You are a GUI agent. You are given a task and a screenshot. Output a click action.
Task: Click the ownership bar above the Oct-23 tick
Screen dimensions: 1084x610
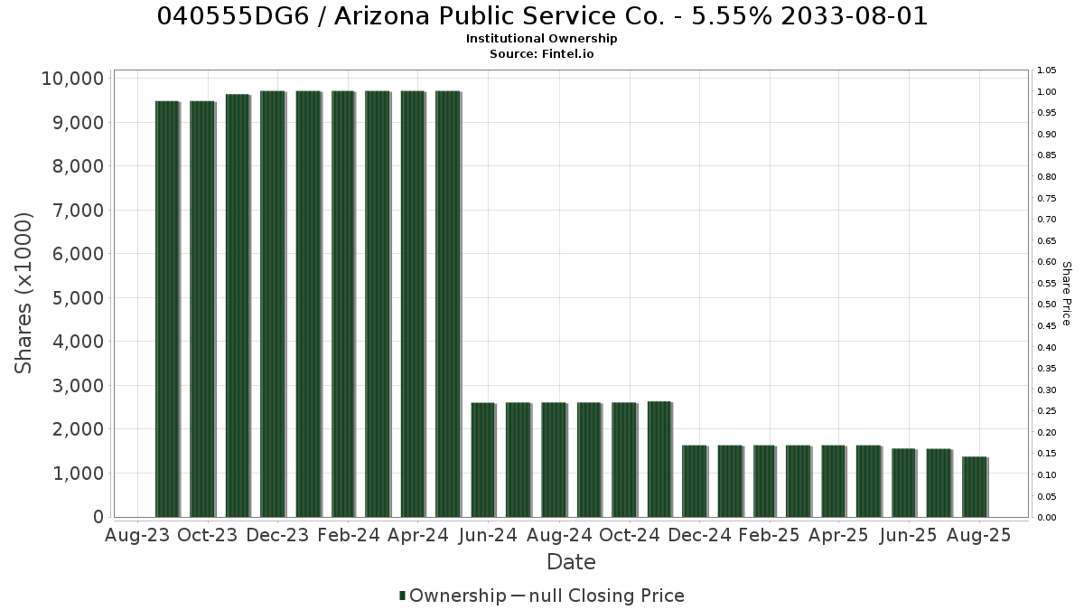point(202,309)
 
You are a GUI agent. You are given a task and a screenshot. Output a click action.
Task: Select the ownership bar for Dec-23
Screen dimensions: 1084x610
point(273,304)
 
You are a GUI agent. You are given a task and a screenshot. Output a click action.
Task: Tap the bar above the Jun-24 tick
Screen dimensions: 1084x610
point(483,460)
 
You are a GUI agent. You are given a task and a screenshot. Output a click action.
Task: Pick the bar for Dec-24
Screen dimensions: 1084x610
point(695,481)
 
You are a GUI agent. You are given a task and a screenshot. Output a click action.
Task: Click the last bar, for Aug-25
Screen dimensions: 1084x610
point(975,487)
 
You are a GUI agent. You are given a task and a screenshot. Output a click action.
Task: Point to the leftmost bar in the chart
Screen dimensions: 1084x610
point(167,309)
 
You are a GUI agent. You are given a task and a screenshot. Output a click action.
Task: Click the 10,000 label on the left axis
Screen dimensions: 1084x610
point(72,79)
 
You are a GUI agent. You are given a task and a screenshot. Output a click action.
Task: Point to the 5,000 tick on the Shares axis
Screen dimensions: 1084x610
point(78,297)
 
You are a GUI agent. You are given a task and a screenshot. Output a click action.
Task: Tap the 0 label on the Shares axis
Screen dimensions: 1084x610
point(98,517)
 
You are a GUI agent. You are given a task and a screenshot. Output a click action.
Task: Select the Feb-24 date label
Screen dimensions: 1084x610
point(349,535)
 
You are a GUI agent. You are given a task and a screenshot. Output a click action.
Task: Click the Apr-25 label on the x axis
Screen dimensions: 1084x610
point(838,535)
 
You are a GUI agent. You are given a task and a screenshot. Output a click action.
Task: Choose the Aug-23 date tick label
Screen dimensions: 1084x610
point(137,535)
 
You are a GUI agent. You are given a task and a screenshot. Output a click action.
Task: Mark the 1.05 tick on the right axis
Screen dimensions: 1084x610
point(1047,70)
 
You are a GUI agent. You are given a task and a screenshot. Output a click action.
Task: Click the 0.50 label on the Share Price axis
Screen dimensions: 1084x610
point(1047,305)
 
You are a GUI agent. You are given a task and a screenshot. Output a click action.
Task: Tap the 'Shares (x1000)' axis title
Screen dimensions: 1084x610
point(23,294)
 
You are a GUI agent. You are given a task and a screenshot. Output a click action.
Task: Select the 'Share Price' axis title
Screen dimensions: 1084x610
point(1066,294)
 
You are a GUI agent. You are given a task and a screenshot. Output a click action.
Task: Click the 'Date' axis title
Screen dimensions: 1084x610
point(571,562)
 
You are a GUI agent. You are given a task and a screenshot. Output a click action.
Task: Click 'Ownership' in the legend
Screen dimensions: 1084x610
point(458,596)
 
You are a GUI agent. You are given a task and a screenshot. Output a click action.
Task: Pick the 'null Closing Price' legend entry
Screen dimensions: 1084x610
point(607,596)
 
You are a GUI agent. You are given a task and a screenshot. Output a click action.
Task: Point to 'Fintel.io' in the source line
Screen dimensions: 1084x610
point(567,53)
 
